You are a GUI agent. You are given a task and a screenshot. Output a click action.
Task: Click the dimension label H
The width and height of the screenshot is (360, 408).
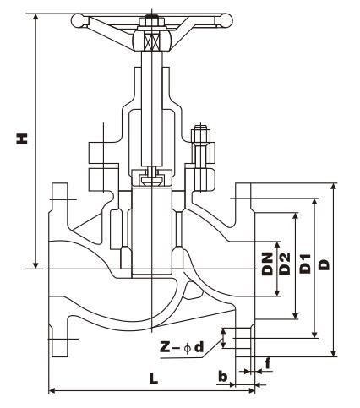[22, 139]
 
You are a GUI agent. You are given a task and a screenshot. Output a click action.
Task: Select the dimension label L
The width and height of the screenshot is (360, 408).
[154, 378]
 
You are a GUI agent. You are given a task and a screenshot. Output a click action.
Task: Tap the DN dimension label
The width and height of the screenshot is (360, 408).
[267, 264]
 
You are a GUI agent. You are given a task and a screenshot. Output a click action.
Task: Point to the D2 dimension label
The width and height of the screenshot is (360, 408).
[284, 264]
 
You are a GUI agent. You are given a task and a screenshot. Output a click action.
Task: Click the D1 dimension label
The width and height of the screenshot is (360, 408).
[305, 264]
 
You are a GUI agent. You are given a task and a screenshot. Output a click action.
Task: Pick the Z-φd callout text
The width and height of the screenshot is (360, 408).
[182, 347]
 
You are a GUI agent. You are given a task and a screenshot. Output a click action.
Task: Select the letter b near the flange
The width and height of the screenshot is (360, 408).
[223, 376]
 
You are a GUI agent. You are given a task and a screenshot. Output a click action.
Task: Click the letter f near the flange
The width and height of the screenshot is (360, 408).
[268, 364]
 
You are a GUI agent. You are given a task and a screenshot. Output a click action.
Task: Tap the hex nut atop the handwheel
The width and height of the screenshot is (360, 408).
[151, 22]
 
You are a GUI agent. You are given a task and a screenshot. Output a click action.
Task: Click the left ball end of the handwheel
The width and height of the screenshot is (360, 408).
[78, 21]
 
